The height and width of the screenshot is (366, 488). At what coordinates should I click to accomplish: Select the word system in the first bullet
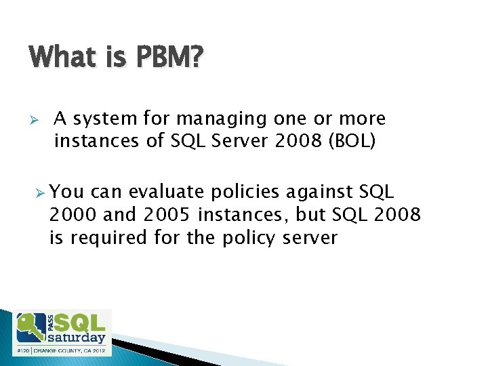click(x=105, y=119)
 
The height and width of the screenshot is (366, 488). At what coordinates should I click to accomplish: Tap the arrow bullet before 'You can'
click(x=41, y=193)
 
